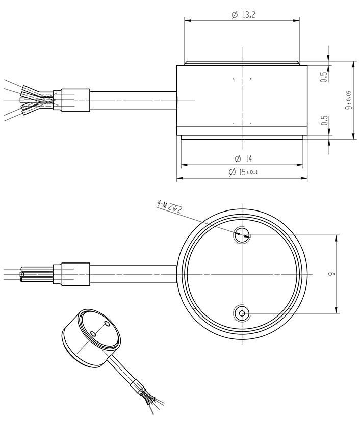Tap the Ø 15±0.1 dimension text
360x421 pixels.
point(244,172)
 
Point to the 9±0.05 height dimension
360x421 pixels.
point(348,100)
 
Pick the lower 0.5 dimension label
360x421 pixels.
point(323,123)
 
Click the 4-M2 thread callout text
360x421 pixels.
point(169,207)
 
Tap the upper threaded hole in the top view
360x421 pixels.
point(241,235)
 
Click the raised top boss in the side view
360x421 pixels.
point(242,63)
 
